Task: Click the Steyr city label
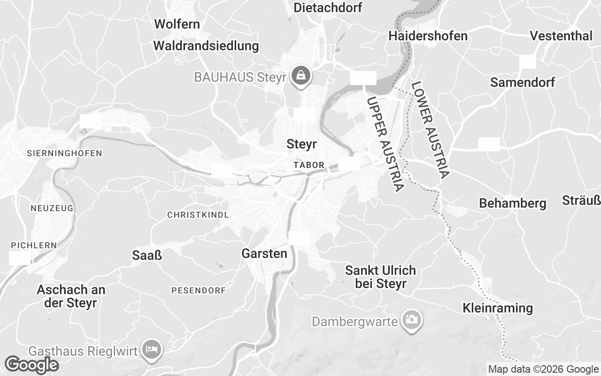click(x=301, y=144)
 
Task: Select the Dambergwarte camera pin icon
click(x=412, y=320)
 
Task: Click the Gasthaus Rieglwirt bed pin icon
click(x=152, y=350)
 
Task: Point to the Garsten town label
click(x=264, y=254)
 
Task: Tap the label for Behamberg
click(x=512, y=204)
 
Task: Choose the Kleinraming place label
click(x=497, y=308)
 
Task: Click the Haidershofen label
click(x=428, y=36)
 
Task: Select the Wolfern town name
click(x=177, y=24)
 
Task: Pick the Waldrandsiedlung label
click(x=206, y=46)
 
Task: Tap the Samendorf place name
click(x=522, y=83)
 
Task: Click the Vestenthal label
click(x=561, y=36)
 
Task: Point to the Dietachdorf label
click(x=328, y=8)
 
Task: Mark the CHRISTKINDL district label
click(x=198, y=215)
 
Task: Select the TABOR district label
click(x=308, y=165)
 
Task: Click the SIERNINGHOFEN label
click(x=64, y=153)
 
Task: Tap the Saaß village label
click(x=147, y=255)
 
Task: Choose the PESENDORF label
click(x=198, y=290)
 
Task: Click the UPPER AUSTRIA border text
click(x=385, y=144)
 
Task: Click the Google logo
click(x=31, y=365)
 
